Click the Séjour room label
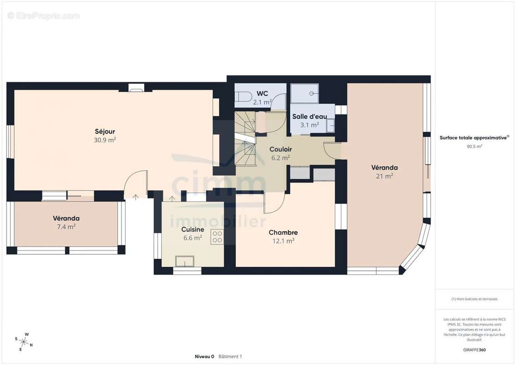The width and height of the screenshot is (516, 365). (105, 132)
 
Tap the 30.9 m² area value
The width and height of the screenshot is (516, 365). (105, 140)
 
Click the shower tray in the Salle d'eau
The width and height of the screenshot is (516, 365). (305, 94)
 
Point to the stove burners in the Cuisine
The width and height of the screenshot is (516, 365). (217, 237)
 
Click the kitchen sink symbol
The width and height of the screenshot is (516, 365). (185, 261)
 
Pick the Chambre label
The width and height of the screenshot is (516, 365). (283, 232)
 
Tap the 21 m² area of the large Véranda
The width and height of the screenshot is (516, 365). (384, 176)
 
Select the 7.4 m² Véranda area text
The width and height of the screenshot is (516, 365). (66, 226)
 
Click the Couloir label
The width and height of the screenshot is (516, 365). (281, 150)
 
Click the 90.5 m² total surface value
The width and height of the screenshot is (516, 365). (474, 146)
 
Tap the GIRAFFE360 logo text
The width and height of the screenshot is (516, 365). (474, 350)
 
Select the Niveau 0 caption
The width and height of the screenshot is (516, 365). (204, 356)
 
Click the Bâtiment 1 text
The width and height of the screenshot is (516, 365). (230, 356)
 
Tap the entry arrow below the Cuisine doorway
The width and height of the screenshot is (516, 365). (172, 198)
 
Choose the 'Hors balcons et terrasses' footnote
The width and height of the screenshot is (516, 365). (474, 299)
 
